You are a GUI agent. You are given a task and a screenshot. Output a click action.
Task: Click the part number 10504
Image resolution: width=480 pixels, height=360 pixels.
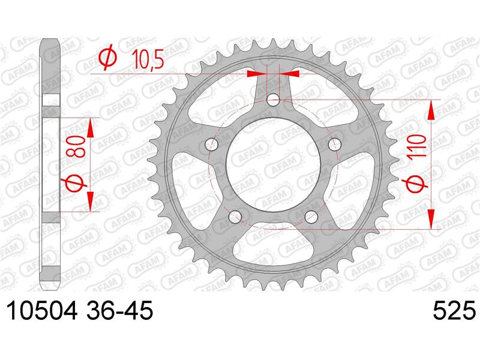(x=41, y=310)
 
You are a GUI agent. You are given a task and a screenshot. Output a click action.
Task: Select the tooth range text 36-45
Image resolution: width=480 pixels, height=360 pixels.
(x=119, y=310)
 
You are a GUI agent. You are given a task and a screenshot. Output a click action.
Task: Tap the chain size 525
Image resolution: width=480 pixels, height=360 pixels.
(x=454, y=310)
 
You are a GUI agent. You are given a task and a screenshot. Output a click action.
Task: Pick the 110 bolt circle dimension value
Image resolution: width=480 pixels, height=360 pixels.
(x=418, y=146)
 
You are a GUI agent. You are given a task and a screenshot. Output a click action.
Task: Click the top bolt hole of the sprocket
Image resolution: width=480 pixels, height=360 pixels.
(x=273, y=100)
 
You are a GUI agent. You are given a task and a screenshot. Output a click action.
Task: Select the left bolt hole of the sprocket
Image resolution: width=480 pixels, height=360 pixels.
(x=212, y=145)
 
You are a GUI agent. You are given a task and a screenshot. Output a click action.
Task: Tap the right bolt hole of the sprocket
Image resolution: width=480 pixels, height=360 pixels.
(x=334, y=145)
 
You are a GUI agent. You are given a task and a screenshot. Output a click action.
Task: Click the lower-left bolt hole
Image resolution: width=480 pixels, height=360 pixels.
(x=235, y=217)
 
